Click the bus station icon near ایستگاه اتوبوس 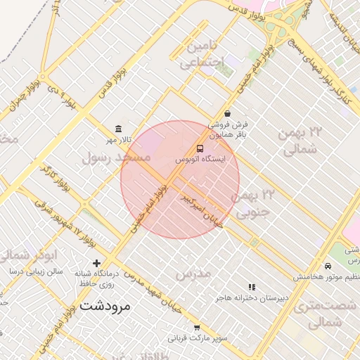(200, 148)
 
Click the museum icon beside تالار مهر (118, 129)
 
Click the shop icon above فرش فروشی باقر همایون (227, 114)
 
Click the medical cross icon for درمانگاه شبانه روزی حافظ (97, 263)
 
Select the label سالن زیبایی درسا (35, 271)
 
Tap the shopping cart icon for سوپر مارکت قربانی (197, 327)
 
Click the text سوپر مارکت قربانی (201, 338)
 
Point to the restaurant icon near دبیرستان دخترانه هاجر (252, 287)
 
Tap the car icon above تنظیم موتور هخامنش (328, 266)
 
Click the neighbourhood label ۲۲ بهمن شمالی (301, 141)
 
